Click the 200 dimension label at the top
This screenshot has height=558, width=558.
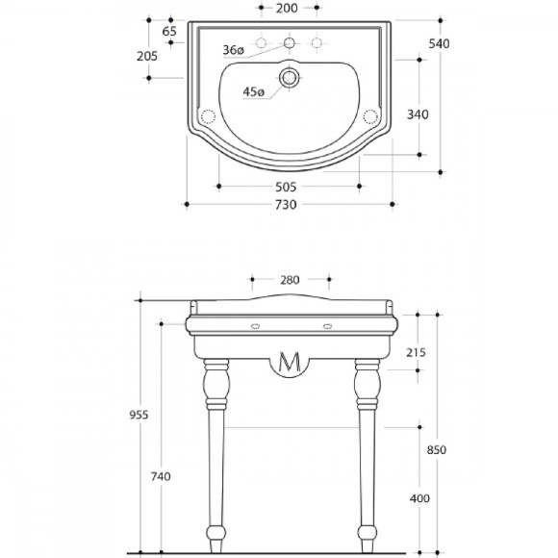[x=287, y=9]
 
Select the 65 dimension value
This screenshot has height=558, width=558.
[x=169, y=32]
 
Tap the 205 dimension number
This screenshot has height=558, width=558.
[x=147, y=56]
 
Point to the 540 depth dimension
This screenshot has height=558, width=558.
[x=439, y=43]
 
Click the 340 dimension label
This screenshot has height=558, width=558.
[x=418, y=114]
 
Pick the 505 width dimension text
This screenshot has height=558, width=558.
[x=286, y=187]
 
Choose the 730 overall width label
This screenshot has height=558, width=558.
[x=286, y=205]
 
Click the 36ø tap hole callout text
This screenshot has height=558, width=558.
[x=234, y=50]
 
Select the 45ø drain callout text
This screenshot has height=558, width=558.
[x=254, y=92]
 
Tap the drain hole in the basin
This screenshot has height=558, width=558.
[x=289, y=78]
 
